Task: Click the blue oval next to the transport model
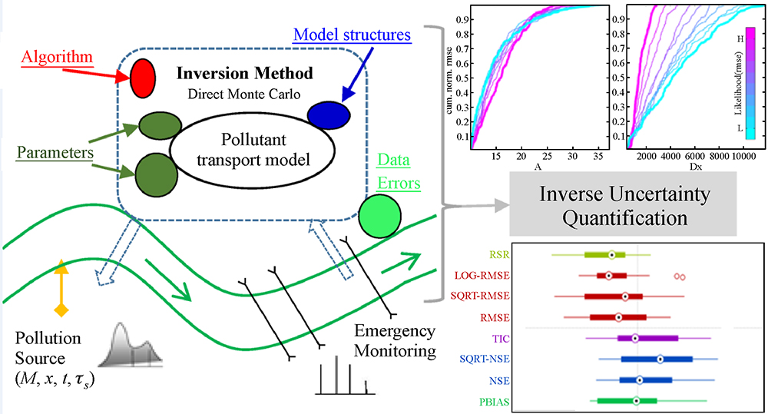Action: (x=329, y=113)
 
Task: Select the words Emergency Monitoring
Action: (x=394, y=340)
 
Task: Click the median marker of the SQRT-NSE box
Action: (x=660, y=359)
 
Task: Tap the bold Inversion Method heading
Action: (x=245, y=75)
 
